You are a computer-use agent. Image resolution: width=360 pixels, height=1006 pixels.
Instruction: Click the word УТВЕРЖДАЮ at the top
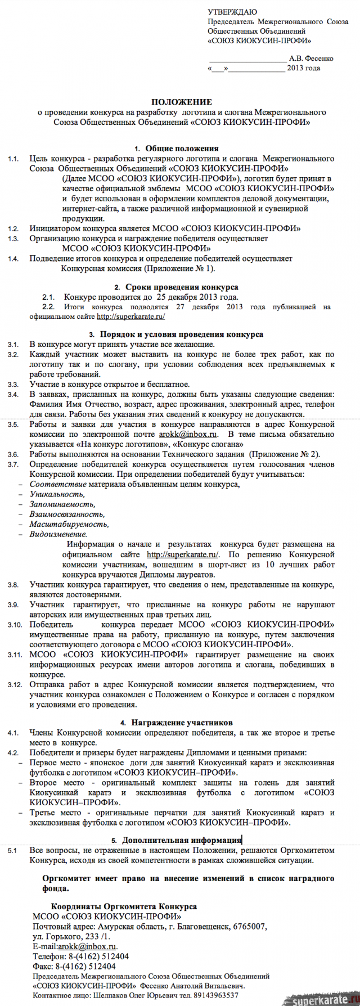(x=232, y=12)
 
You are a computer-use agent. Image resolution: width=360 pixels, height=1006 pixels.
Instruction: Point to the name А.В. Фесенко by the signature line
(x=311, y=58)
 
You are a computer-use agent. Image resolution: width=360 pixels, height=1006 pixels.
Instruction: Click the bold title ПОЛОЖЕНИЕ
(x=181, y=102)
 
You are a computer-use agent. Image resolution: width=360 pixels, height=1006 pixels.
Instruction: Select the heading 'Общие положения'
(x=181, y=148)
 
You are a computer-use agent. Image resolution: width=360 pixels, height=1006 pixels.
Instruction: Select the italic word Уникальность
(x=57, y=494)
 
